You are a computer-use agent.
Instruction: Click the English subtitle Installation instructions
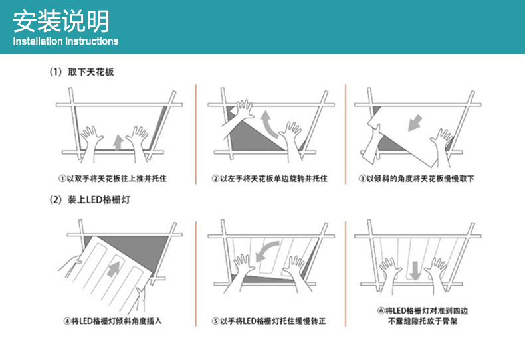click(x=66, y=41)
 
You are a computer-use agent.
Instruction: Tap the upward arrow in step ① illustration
click(x=118, y=141)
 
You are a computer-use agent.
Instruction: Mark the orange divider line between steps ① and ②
click(x=196, y=133)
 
